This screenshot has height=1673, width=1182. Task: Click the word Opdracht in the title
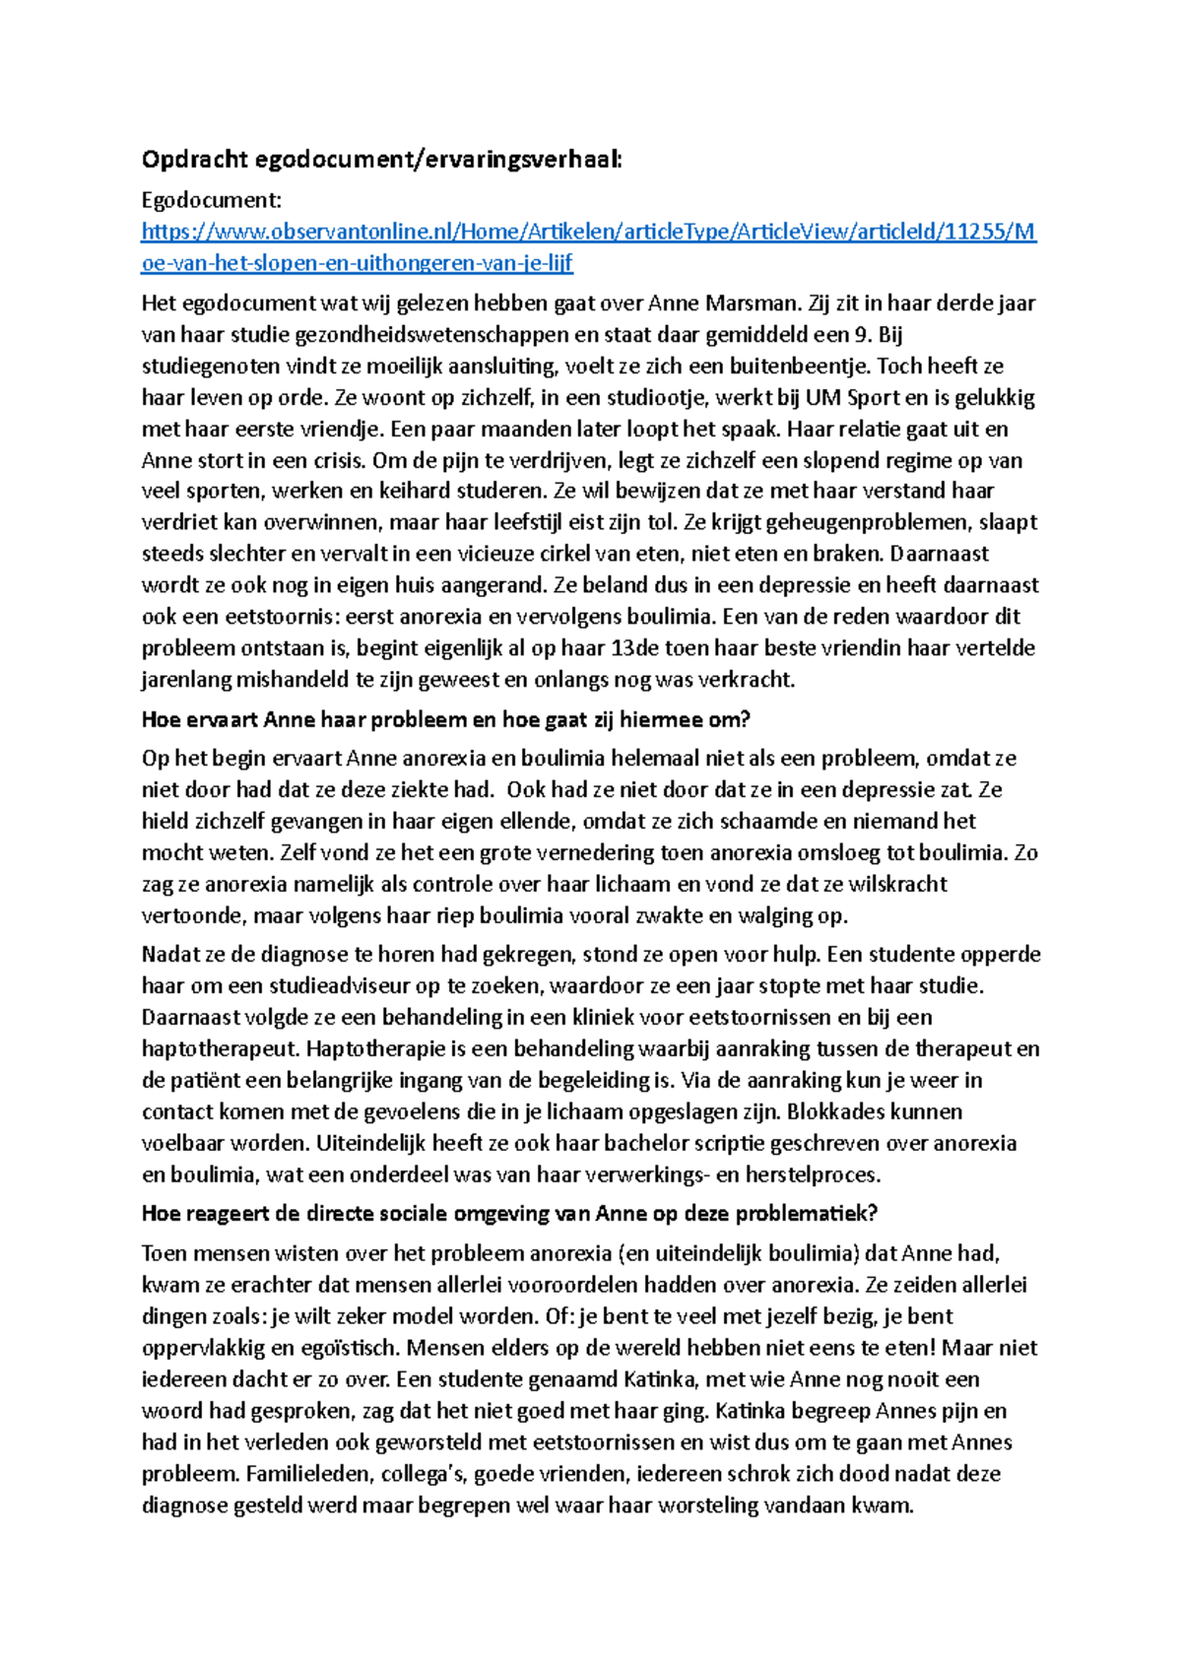[194, 160]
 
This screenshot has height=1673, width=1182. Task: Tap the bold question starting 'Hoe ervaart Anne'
[445, 719]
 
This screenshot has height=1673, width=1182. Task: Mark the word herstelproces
[813, 1174]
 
